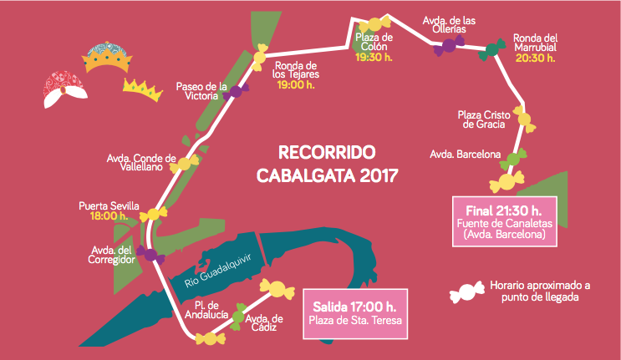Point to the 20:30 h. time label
[534, 58]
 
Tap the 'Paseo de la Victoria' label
[201, 90]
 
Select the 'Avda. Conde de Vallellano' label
[141, 162]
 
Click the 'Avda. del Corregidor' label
[112, 255]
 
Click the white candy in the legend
[466, 292]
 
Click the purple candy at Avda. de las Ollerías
[443, 48]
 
